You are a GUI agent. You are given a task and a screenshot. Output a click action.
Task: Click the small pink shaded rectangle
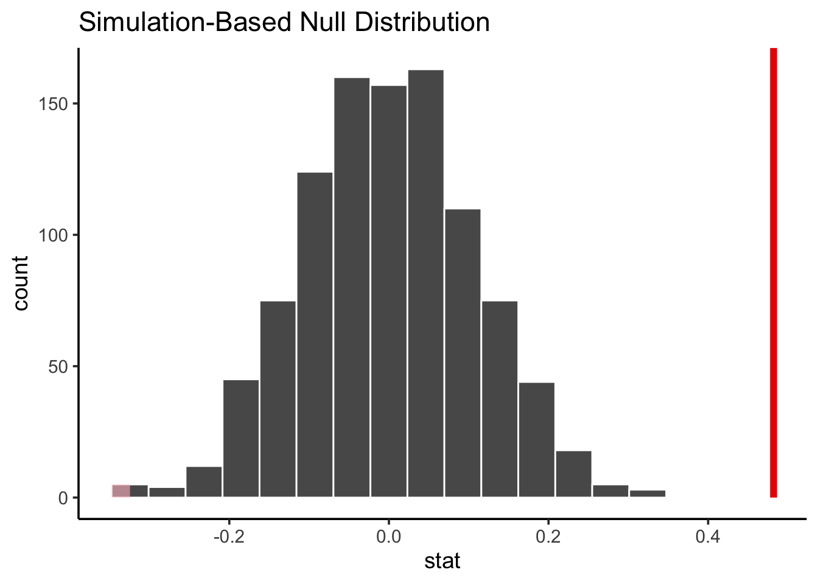pos(121,491)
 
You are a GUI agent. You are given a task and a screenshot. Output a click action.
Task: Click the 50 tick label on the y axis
pos(60,366)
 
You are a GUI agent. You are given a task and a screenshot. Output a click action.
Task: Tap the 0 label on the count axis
pos(63,498)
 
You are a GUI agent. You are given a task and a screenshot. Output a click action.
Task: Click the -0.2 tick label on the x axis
pos(228,537)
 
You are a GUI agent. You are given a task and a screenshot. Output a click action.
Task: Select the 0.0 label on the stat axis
pos(388,537)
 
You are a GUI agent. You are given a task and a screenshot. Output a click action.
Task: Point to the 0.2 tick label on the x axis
pos(548,537)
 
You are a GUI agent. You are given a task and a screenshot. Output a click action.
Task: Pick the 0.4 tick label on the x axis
pos(708,537)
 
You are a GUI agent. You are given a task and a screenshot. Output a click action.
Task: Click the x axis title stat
pos(442,561)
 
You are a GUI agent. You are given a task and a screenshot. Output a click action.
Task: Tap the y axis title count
pos(21,283)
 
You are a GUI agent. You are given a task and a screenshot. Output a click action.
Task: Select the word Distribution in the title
pos(422,23)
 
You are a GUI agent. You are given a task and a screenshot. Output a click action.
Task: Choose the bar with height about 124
pos(315,335)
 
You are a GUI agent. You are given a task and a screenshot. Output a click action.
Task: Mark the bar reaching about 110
pos(463,353)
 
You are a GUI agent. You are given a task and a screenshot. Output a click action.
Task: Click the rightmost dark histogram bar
pos(648,493)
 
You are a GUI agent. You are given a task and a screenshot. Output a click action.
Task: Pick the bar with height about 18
pos(573,474)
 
